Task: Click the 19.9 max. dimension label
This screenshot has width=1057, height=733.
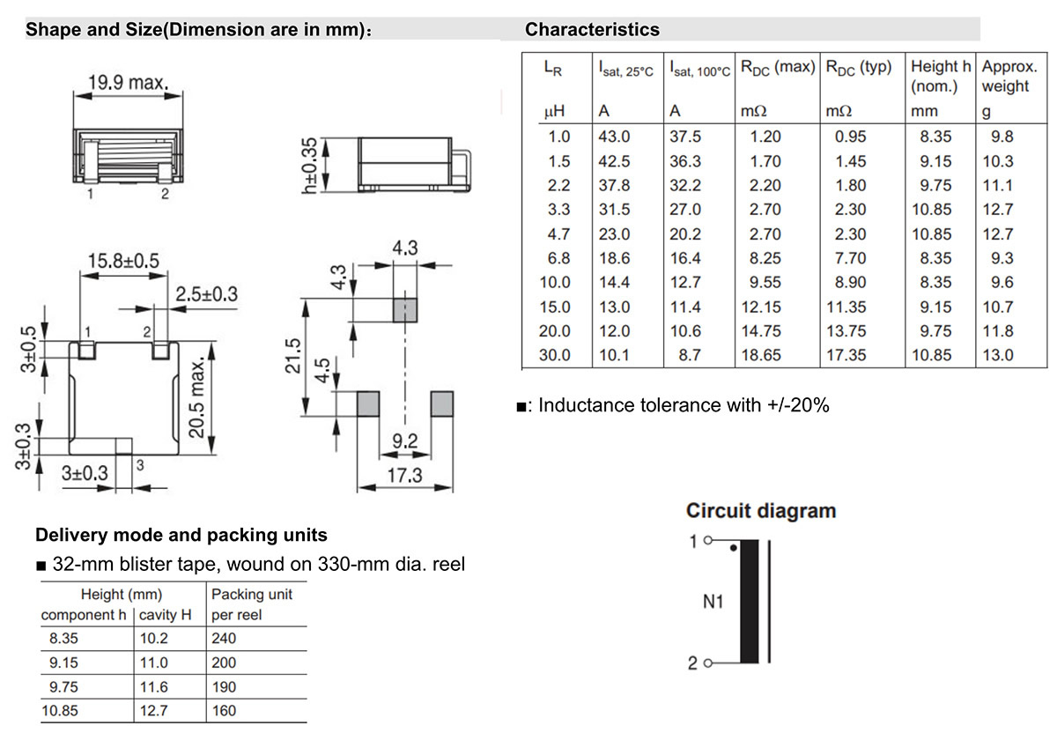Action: [x=128, y=83]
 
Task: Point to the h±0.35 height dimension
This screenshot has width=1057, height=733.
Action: [x=309, y=166]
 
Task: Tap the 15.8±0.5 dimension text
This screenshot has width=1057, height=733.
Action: [x=123, y=261]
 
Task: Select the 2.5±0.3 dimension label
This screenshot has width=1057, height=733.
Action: [x=207, y=294]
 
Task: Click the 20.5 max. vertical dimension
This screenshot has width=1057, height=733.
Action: [x=196, y=397]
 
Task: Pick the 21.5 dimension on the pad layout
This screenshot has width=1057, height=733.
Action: [x=293, y=355]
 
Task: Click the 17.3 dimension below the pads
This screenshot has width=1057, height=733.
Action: [x=404, y=475]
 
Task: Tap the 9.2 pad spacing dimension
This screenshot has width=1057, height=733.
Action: [x=405, y=441]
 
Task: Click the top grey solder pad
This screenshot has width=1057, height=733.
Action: [x=405, y=310]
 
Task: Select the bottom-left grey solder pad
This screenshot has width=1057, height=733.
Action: [x=368, y=404]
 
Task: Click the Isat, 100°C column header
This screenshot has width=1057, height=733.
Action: [x=699, y=69]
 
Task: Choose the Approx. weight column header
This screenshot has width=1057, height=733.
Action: [x=1009, y=76]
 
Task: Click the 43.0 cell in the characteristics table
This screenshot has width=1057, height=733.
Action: [x=614, y=137]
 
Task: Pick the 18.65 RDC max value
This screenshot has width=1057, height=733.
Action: [x=761, y=355]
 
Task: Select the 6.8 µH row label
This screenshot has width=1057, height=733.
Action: [x=558, y=258]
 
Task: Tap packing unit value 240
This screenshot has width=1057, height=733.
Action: [x=224, y=638]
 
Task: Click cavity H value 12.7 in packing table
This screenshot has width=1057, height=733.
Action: [x=154, y=710]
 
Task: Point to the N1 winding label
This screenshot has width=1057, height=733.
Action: [x=713, y=602]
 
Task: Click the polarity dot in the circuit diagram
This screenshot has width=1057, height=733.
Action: [x=733, y=548]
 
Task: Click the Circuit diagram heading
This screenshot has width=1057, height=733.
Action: [x=761, y=511]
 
